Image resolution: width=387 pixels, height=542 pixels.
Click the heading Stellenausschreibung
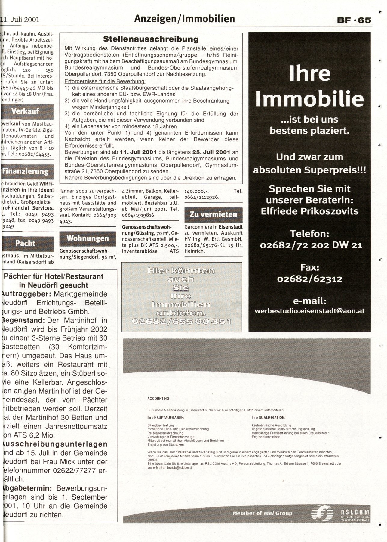pos(151,39)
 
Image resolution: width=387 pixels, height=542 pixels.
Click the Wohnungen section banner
pos(88,238)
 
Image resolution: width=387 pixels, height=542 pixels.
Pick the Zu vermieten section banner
pos(213,214)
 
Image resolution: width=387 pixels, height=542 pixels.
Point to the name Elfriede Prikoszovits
pos(310,211)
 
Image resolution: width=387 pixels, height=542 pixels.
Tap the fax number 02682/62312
pos(310,279)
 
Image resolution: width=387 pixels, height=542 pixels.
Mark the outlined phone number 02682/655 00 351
pos(182,321)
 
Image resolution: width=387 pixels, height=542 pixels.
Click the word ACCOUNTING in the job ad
pos(158,398)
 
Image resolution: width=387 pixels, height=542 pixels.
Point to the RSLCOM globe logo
pos(322,512)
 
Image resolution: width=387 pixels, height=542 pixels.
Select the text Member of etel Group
pos(262,513)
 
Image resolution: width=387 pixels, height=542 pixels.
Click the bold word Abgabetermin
pos(25,488)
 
